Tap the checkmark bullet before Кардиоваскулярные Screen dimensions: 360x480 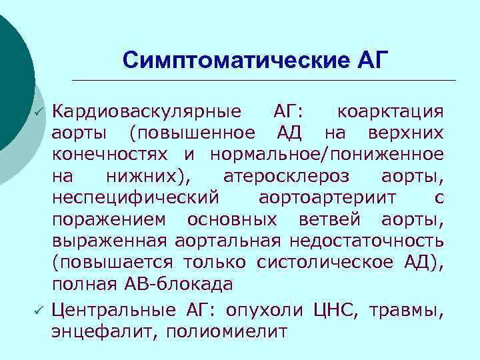click(x=39, y=110)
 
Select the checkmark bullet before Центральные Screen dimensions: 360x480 click(x=39, y=309)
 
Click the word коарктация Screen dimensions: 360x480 click(x=390, y=110)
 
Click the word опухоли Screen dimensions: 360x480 click(x=265, y=309)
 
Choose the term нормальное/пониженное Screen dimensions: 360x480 click(x=326, y=154)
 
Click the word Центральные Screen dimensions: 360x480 click(x=114, y=309)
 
